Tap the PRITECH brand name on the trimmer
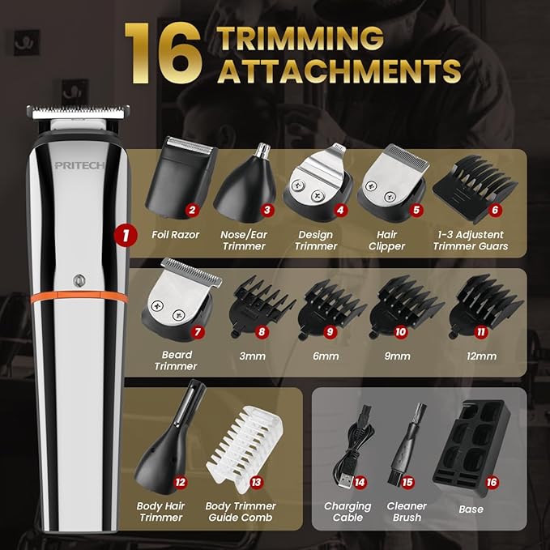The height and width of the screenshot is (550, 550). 78,165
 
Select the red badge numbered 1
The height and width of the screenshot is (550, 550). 123,237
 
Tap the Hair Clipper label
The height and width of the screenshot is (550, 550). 386,241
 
